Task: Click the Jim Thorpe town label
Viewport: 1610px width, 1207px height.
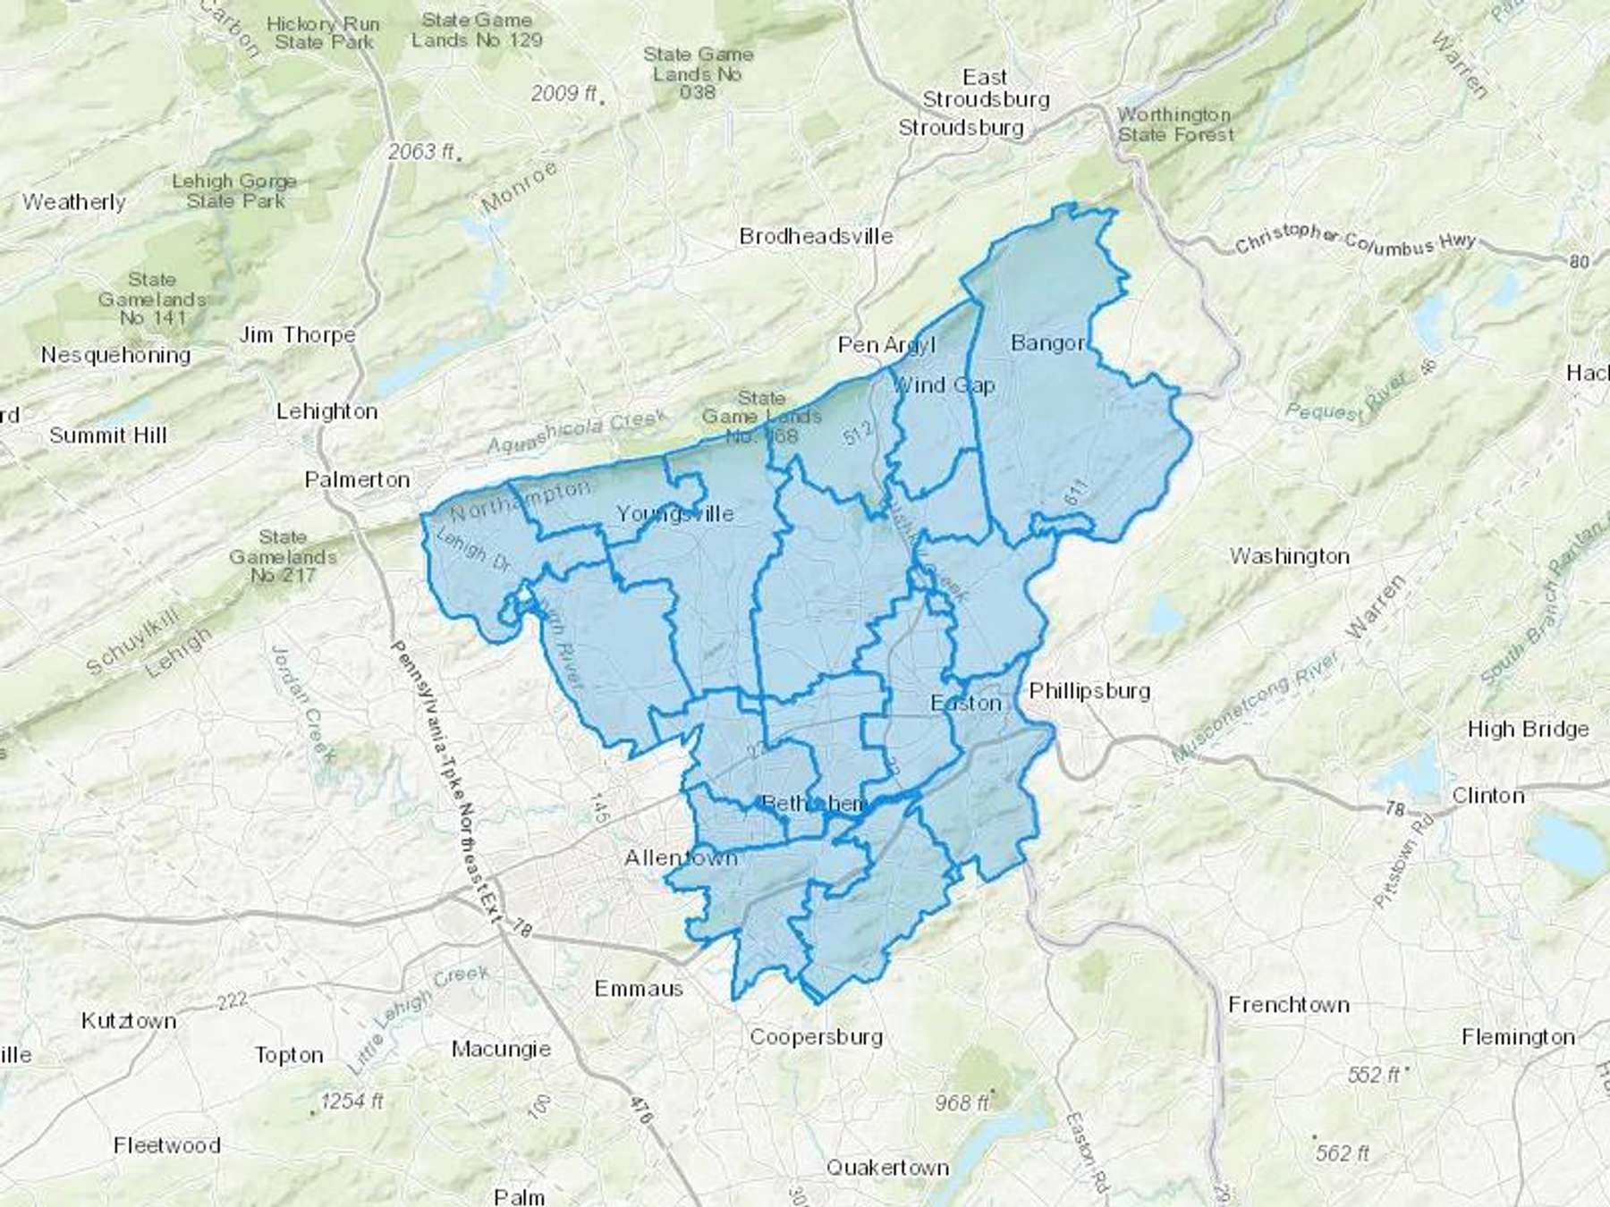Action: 297,335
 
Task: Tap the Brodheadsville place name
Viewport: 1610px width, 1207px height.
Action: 816,237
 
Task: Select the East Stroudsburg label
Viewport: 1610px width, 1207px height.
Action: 986,89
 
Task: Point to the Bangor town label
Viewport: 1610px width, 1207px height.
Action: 1047,342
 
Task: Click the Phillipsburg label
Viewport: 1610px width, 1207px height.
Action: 1089,691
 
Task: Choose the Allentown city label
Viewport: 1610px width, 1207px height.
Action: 681,858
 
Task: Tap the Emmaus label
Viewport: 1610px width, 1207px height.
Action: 639,989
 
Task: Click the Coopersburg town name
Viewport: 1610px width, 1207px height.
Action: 816,1037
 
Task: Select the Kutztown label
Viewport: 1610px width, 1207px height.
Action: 129,1021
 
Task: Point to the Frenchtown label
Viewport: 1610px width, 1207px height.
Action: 1288,1005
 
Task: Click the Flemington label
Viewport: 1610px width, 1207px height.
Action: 1518,1038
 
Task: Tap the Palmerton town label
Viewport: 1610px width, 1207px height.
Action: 357,480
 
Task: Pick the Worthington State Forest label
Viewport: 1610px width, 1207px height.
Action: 1175,125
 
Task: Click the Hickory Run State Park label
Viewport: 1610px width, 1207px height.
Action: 323,33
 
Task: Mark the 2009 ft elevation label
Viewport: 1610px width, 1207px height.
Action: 563,93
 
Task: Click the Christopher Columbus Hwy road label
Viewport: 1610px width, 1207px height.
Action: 1354,240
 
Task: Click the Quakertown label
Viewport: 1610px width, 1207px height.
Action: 887,1168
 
